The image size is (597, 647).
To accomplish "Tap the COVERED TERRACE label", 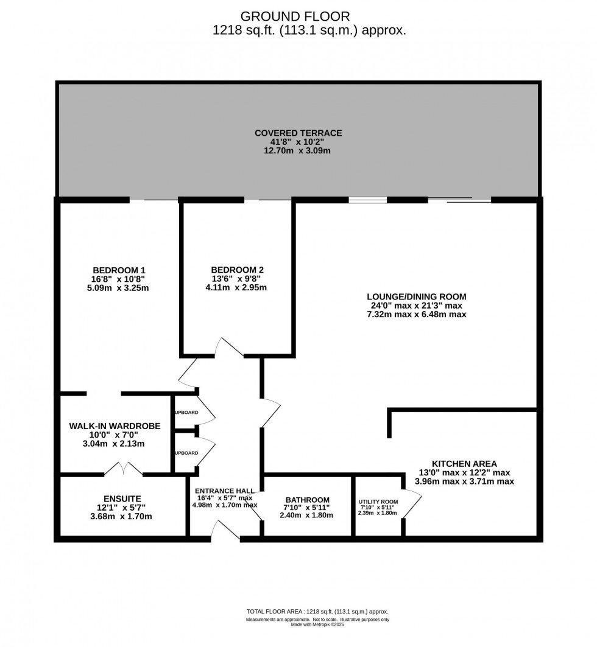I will tap(298, 133).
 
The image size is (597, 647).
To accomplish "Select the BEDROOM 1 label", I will tap(119, 270).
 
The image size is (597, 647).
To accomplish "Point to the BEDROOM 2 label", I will tap(237, 270).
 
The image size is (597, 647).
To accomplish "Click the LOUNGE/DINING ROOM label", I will tap(415, 297).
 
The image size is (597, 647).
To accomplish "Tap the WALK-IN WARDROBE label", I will tap(115, 426).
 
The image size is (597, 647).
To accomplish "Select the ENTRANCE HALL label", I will tap(225, 491).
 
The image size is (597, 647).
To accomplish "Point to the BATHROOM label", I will tap(306, 500).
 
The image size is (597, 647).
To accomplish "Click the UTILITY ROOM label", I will tap(377, 502).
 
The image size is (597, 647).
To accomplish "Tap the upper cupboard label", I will tap(186, 413).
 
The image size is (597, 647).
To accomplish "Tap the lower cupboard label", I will tap(186, 453).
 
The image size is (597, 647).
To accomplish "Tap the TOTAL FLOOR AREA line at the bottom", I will tap(317, 612).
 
